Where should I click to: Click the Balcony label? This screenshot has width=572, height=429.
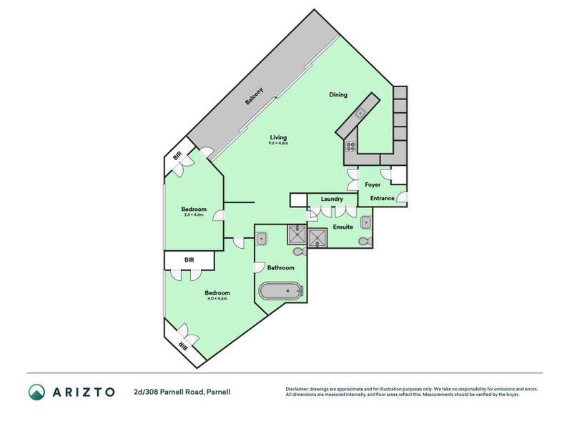[x=255, y=97]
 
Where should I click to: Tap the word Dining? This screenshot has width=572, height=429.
[x=338, y=94]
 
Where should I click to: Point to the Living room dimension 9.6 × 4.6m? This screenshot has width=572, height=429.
[x=278, y=144]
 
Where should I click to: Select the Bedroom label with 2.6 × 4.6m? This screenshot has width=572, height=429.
[x=194, y=215]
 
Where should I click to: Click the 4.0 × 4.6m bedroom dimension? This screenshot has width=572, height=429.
[x=217, y=298]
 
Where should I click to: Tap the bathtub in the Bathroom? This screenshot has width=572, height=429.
[x=281, y=291]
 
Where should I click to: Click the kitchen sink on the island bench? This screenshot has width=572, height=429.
[x=361, y=113]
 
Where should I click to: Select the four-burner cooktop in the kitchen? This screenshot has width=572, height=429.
[x=351, y=146]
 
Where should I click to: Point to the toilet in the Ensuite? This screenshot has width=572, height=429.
[x=365, y=241]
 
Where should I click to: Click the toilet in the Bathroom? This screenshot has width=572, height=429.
[x=298, y=251]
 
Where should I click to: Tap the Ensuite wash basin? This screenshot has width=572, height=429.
[x=366, y=221]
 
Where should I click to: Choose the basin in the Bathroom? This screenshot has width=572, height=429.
[x=262, y=237]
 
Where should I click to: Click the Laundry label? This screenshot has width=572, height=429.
[x=332, y=199]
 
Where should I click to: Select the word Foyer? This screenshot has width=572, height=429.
[x=373, y=184]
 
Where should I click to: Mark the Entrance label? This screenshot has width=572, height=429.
[x=382, y=198]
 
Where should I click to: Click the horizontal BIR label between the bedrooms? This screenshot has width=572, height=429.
[x=189, y=260]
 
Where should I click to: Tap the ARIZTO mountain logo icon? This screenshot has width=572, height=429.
[x=36, y=391]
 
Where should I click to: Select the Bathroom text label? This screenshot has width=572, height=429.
[x=280, y=267]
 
